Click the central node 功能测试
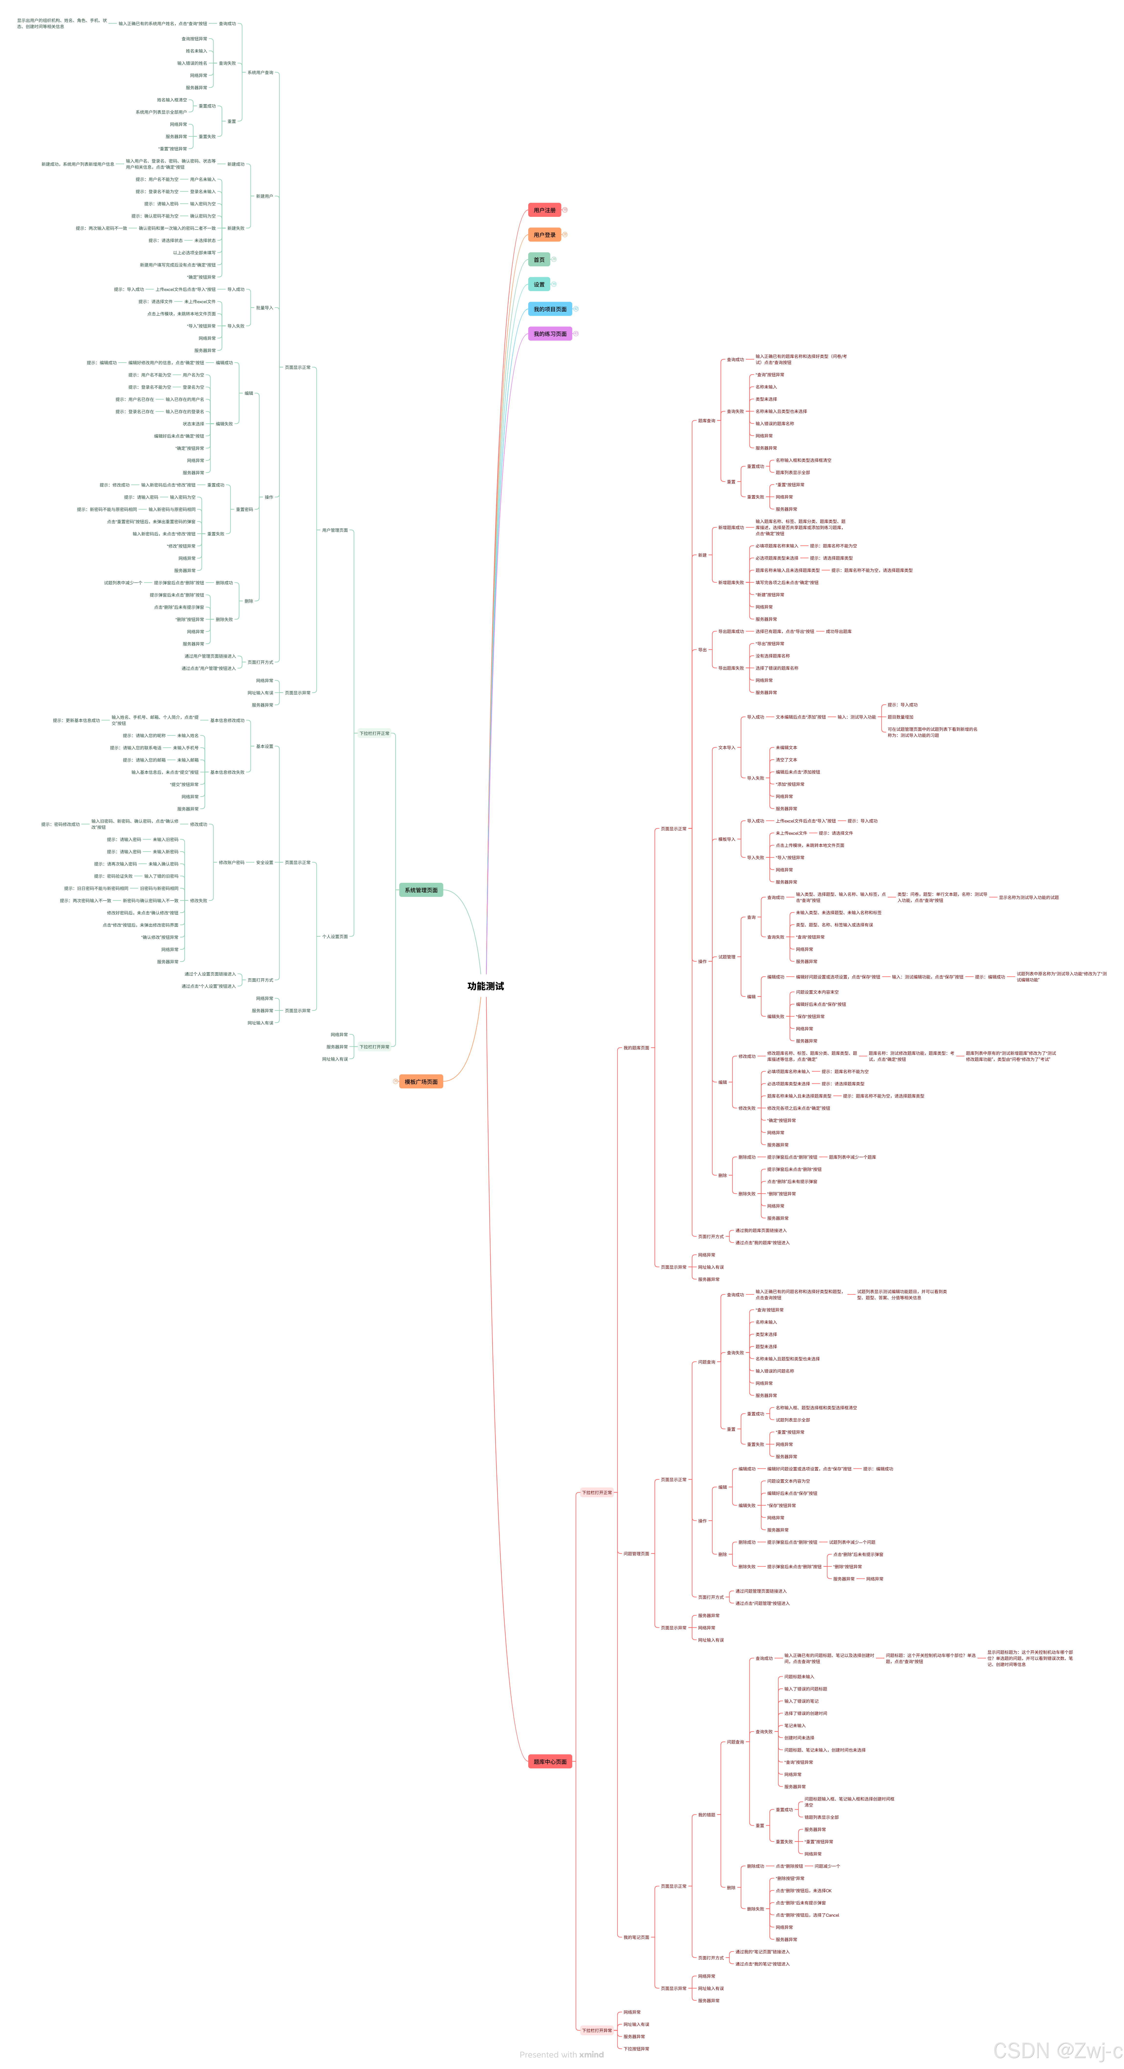click(485, 986)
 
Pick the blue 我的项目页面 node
click(550, 309)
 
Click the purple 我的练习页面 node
click(550, 334)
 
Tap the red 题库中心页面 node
click(550, 1761)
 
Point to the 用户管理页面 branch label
click(335, 530)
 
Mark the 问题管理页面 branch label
click(636, 1553)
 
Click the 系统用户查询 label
click(260, 72)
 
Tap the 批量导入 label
click(264, 308)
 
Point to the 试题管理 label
click(726, 957)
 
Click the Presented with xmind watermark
click(562, 2055)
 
